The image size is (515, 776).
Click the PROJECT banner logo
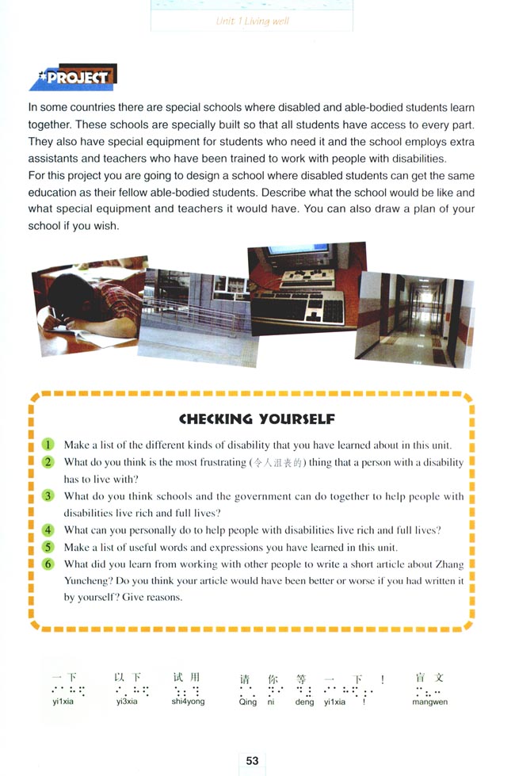73,78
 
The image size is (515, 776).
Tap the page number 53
252,760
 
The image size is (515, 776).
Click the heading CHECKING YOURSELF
257,419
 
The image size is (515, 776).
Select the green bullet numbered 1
48,445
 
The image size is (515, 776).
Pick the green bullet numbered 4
48,529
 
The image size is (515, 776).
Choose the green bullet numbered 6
48,564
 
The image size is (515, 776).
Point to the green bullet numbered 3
48,496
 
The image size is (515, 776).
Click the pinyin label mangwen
429,701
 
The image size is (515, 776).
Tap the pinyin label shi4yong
188,701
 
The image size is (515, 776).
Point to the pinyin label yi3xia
127,701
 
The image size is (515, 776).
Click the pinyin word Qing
247,702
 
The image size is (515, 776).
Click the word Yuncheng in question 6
89,581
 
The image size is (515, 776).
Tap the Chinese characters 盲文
429,678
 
